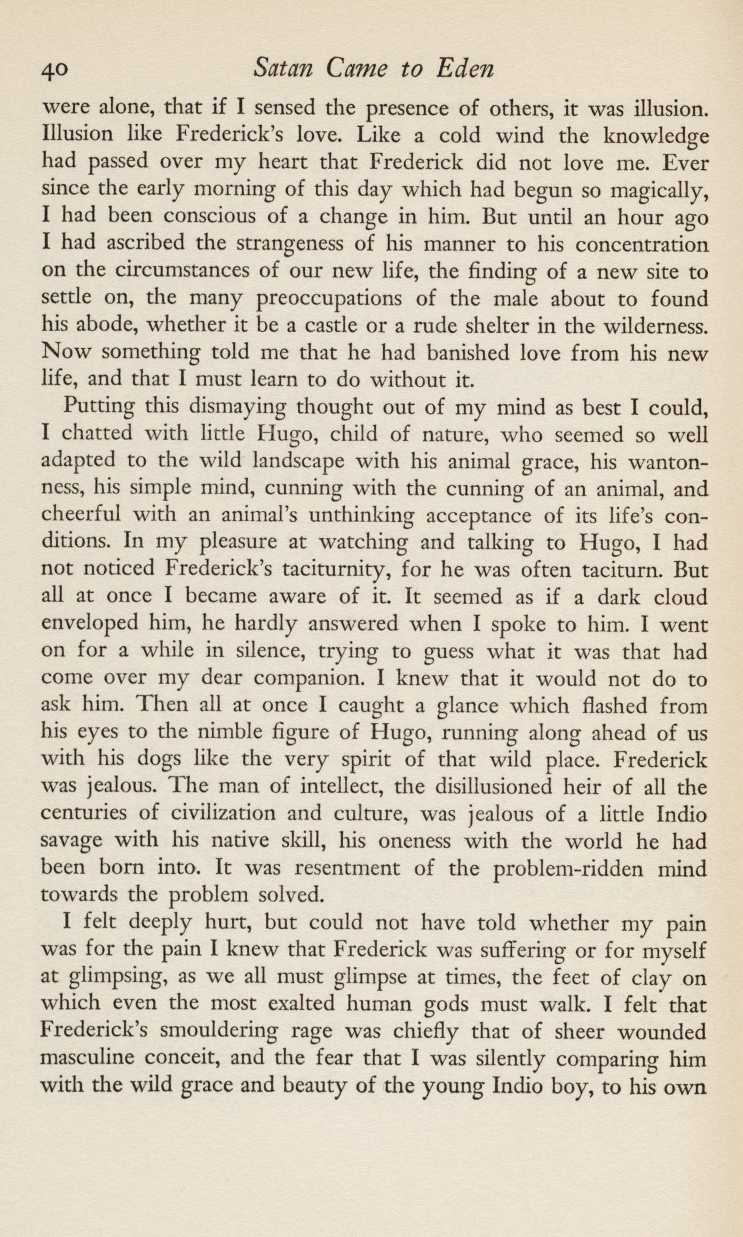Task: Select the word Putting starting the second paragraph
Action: tap(99, 408)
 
